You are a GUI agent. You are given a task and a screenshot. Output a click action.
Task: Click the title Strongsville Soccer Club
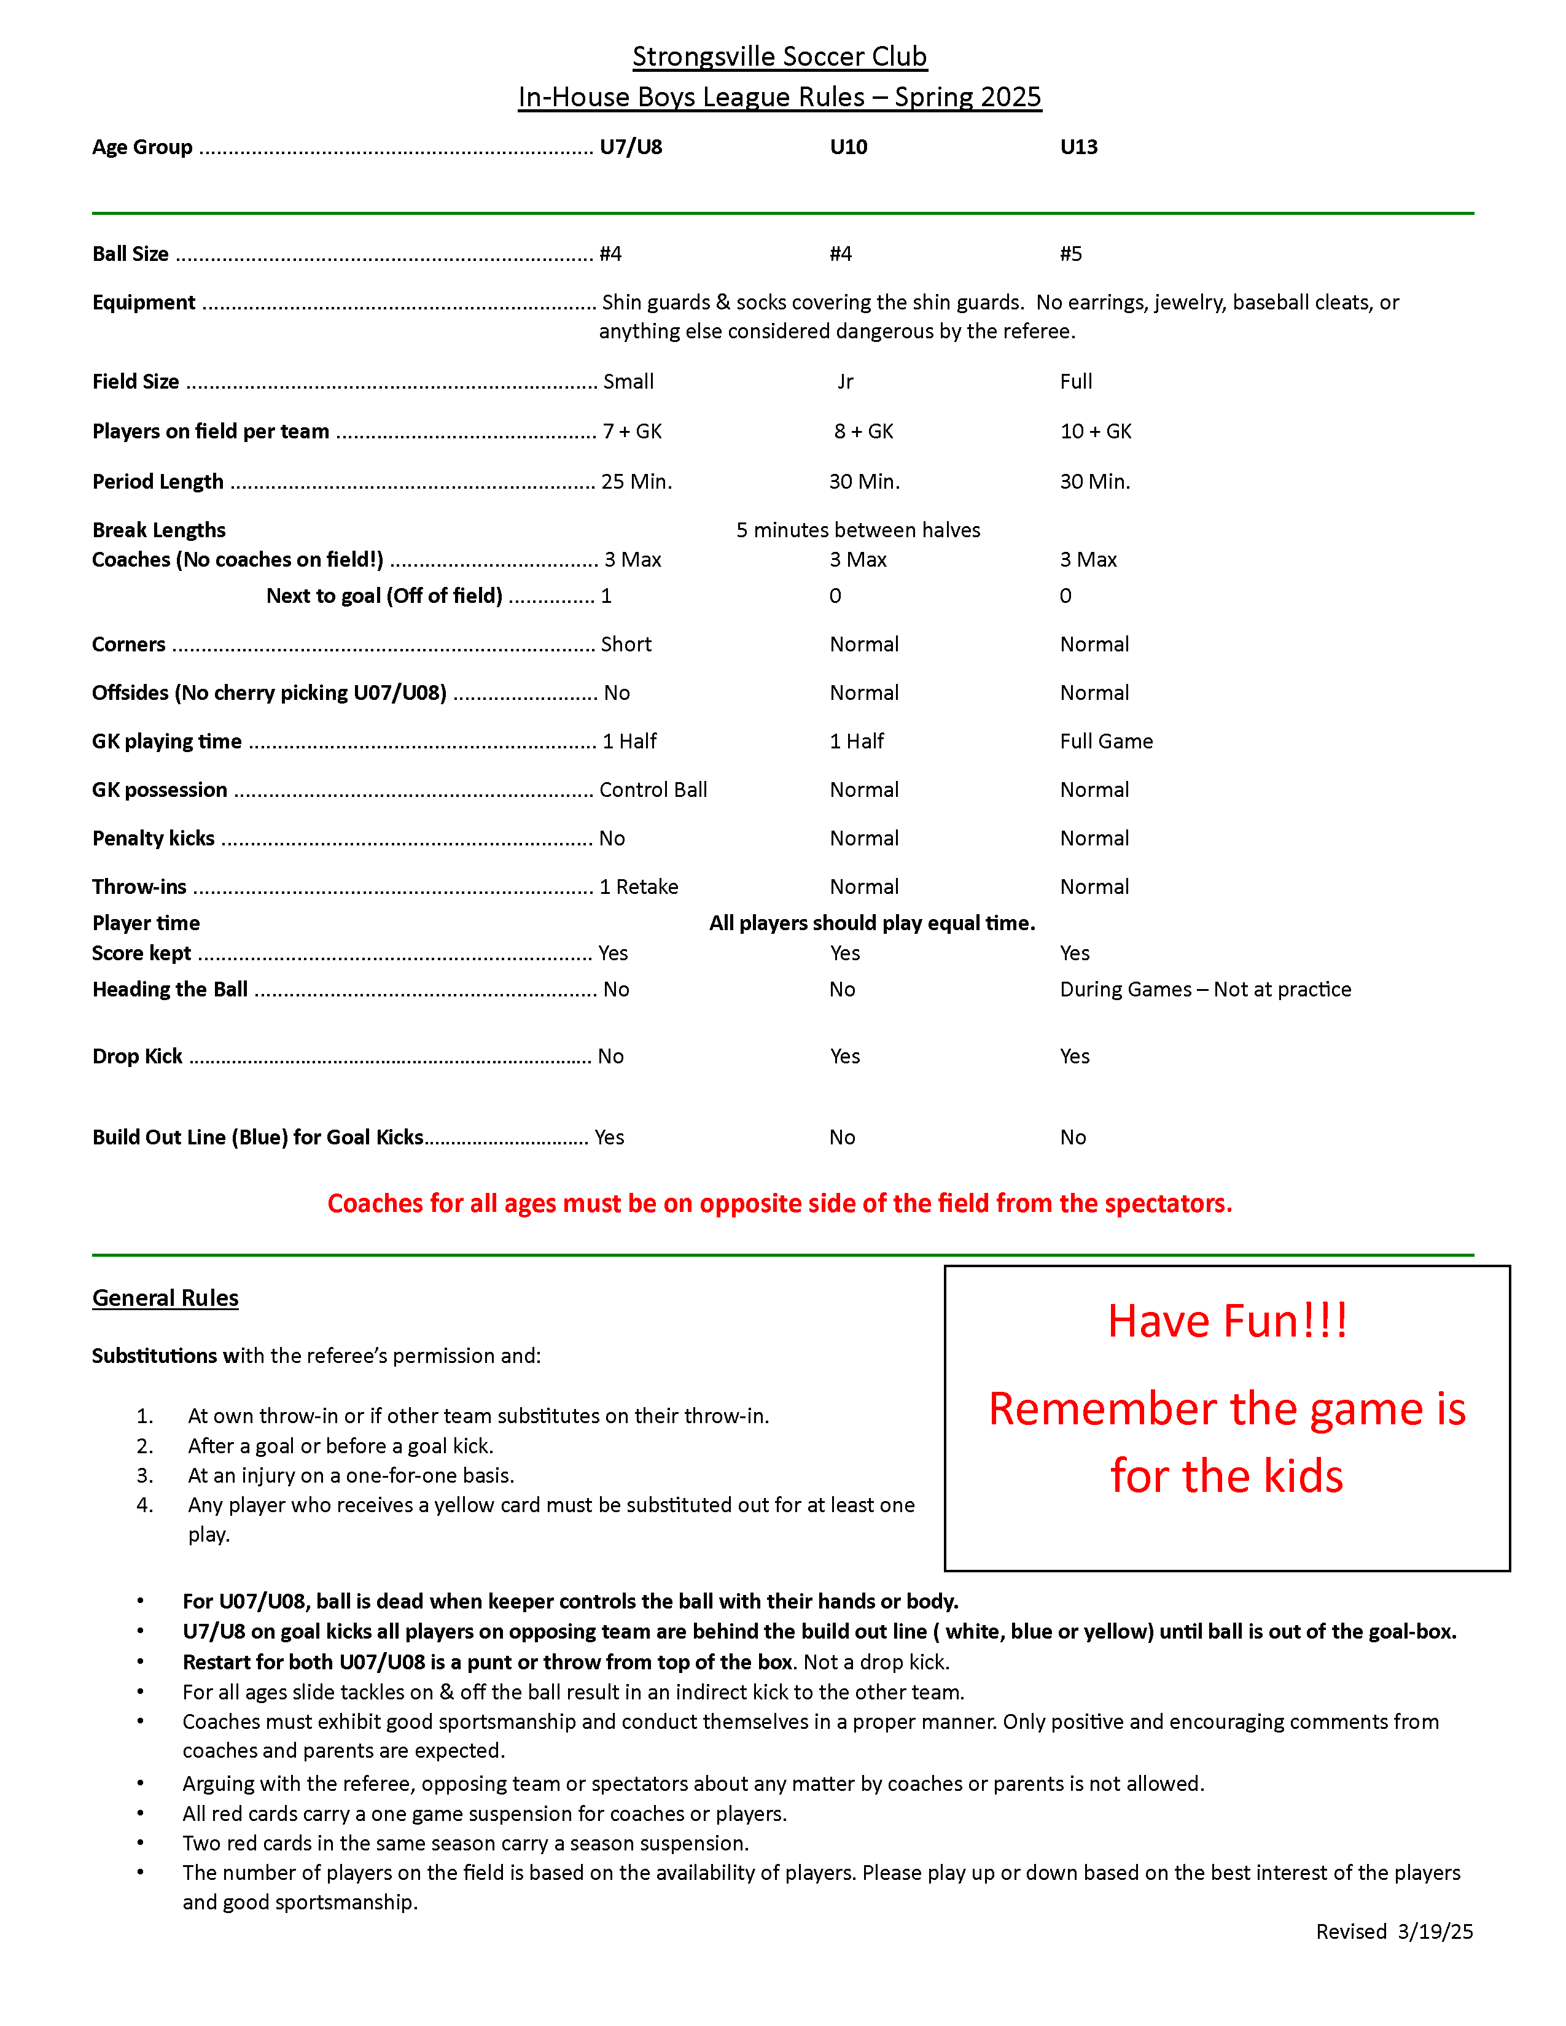pyautogui.click(x=779, y=56)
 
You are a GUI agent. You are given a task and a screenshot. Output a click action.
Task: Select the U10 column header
pyautogui.click(x=848, y=147)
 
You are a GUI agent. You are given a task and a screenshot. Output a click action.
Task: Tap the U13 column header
pyautogui.click(x=1078, y=147)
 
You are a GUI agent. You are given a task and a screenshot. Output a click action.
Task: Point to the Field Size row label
pyautogui.click(x=136, y=381)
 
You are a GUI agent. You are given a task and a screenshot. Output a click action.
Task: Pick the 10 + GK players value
pyautogui.click(x=1096, y=432)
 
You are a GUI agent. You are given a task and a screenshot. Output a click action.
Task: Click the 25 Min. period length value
pyautogui.click(x=636, y=481)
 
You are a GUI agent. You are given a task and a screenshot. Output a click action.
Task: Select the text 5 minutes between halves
pyautogui.click(x=858, y=530)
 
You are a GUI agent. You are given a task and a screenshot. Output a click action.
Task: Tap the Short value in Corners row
pyautogui.click(x=626, y=645)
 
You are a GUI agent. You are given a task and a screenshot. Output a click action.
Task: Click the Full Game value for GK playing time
pyautogui.click(x=1106, y=741)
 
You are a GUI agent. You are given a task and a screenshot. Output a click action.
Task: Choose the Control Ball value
pyautogui.click(x=653, y=790)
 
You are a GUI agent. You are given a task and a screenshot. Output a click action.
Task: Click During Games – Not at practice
pyautogui.click(x=1205, y=989)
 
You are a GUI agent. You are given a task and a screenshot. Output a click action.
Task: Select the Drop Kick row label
pyautogui.click(x=138, y=1057)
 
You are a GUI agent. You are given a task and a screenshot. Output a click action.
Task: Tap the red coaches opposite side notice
pyautogui.click(x=779, y=1203)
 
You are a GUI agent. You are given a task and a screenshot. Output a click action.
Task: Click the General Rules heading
pyautogui.click(x=165, y=1298)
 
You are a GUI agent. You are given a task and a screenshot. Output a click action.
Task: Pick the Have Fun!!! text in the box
pyautogui.click(x=1226, y=1321)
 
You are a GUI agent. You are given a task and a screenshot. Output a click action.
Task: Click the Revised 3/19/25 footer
pyautogui.click(x=1393, y=1931)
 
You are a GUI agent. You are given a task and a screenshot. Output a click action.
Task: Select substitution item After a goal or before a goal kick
pyautogui.click(x=340, y=1445)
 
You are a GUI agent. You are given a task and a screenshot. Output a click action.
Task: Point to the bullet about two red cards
pyautogui.click(x=465, y=1843)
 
